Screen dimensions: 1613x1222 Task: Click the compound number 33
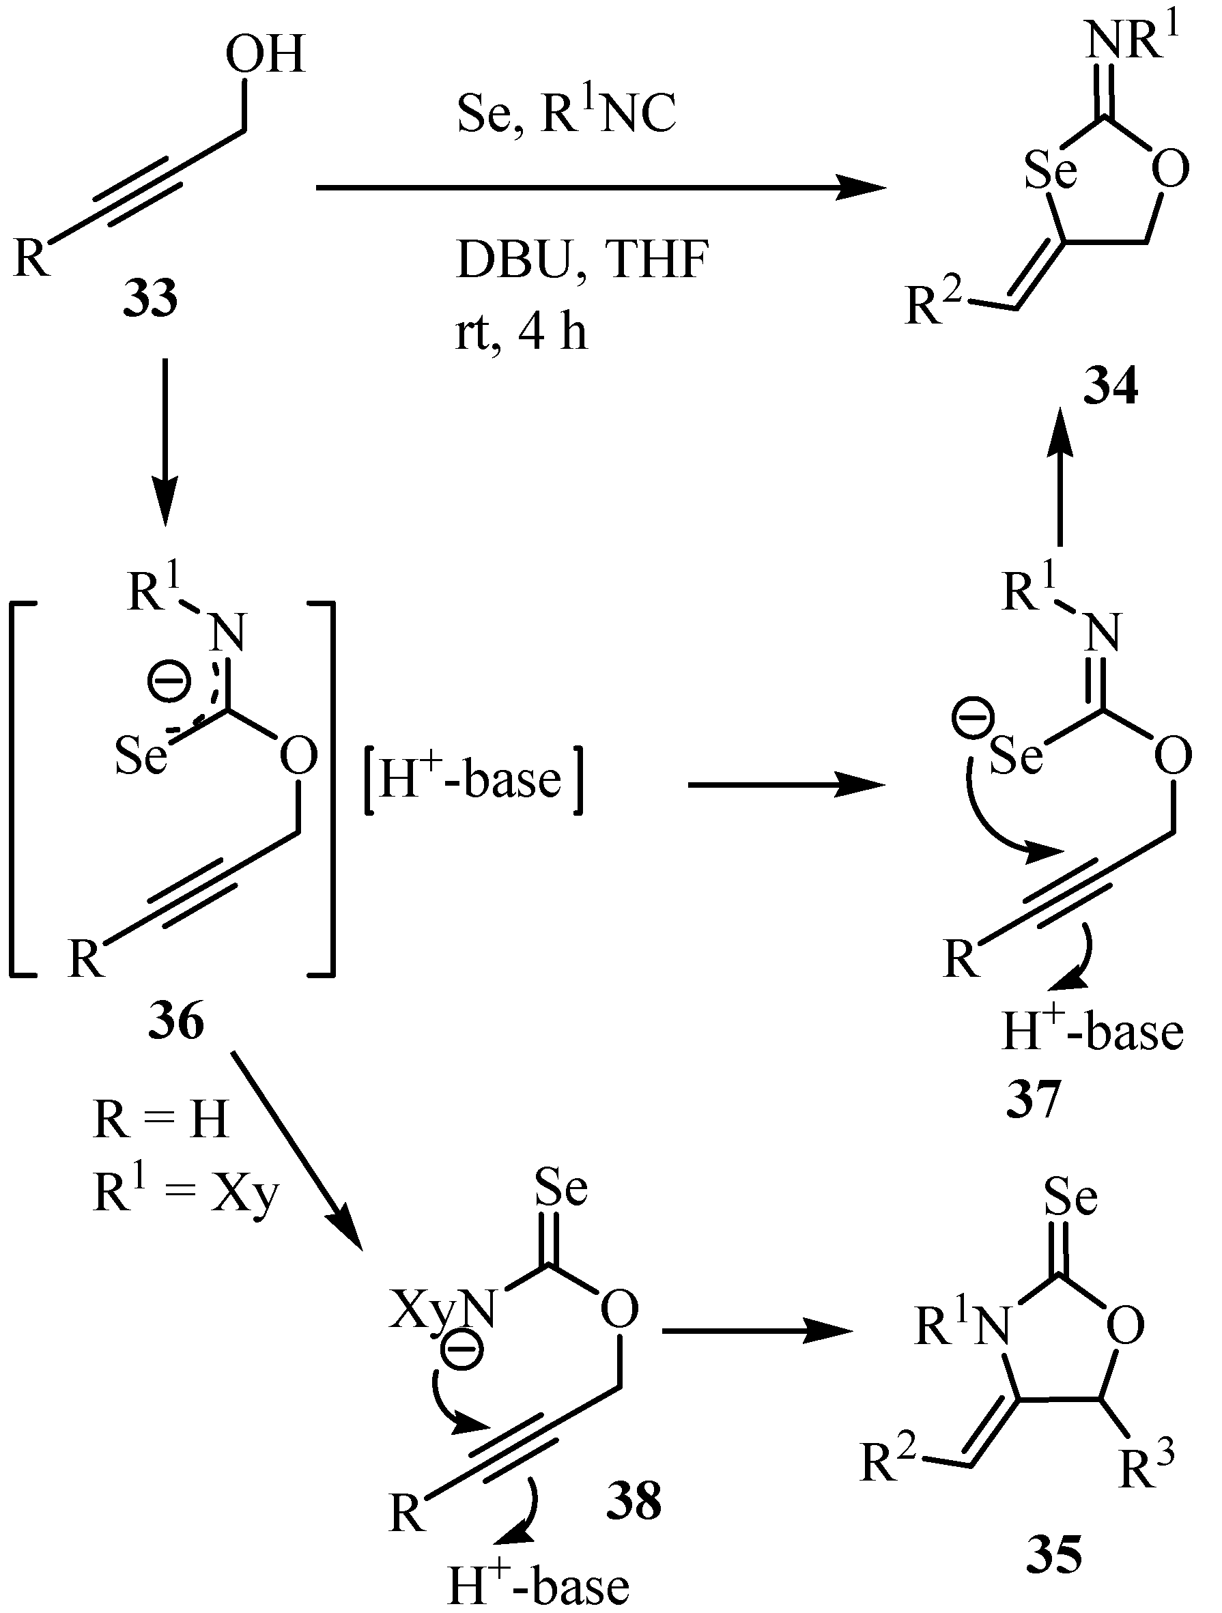[150, 299]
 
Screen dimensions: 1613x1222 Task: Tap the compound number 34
[1111, 387]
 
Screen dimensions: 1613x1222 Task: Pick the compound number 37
[1032, 1100]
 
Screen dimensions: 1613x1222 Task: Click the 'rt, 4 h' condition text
[522, 333]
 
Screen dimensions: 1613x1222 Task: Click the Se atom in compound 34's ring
[1051, 170]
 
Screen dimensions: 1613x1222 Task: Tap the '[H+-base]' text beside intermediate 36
[472, 782]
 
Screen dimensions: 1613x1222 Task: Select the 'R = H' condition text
[161, 1120]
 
